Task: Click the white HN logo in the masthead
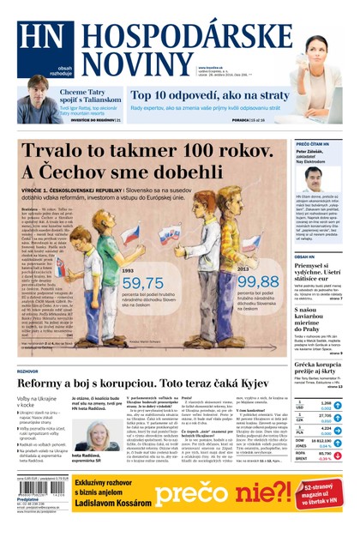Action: point(36,39)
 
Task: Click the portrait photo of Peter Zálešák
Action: point(313,178)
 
